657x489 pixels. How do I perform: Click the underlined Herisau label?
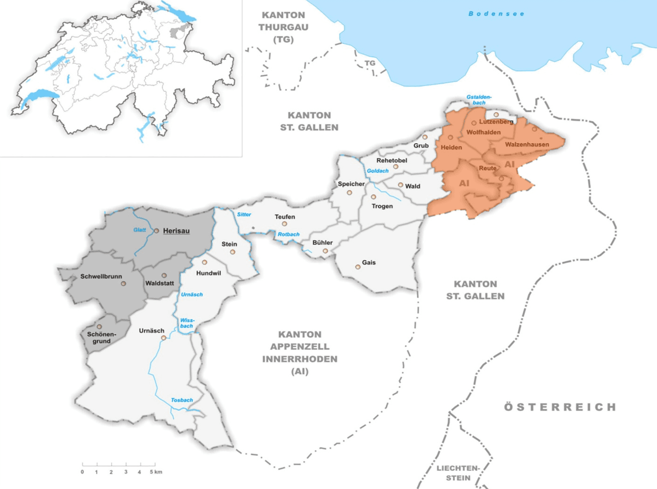point(176,231)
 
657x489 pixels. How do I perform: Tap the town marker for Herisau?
point(157,231)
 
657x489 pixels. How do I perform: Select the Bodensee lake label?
point(496,14)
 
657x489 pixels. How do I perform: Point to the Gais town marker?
point(358,267)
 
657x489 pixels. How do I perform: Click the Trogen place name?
point(382,206)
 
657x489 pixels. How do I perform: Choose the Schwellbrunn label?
point(101,276)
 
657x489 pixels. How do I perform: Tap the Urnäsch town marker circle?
point(163,338)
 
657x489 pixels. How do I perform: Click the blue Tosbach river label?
point(182,400)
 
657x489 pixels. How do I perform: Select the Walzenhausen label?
point(527,145)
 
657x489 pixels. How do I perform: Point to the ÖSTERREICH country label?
point(560,407)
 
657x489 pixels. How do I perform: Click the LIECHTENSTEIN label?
point(458,473)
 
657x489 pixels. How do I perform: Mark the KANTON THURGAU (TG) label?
point(283,27)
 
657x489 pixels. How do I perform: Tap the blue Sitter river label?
point(244,215)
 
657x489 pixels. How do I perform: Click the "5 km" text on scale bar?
point(156,472)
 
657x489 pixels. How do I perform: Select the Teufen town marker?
point(284,224)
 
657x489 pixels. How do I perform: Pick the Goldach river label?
point(378,171)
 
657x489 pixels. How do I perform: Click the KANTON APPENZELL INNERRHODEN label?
point(300,353)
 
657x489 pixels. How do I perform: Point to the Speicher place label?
point(351,184)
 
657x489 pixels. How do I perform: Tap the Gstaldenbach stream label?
point(479,100)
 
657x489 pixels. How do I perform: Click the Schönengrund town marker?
point(99,327)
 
